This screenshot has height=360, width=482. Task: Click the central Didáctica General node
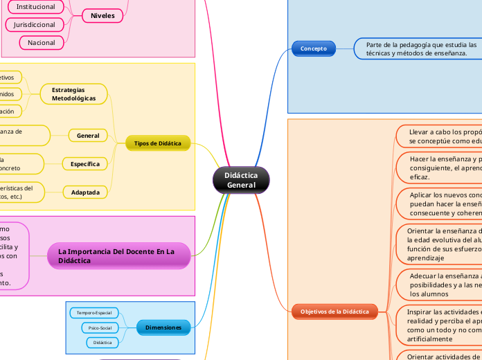point(241,180)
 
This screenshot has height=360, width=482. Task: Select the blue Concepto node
point(313,48)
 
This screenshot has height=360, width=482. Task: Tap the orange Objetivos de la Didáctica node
point(334,312)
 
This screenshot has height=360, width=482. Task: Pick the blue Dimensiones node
point(163,327)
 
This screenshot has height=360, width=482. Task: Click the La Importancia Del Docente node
point(119,255)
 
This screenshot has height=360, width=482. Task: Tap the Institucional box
point(36,6)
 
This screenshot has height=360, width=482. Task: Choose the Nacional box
point(42,43)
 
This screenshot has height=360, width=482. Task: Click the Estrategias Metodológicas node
point(74,94)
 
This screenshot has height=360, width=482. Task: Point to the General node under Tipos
point(88,136)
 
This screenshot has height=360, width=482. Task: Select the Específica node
point(84,164)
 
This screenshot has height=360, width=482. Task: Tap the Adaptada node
point(85,192)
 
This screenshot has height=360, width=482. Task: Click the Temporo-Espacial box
point(93,313)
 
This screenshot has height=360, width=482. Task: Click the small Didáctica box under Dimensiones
point(102,342)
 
